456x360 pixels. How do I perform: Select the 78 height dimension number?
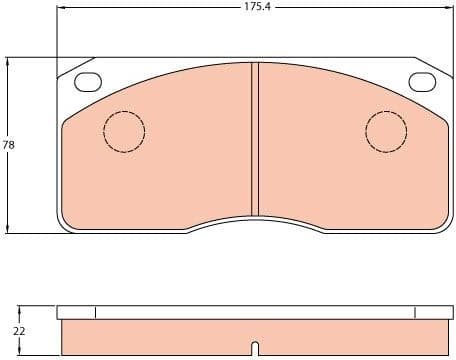(9, 145)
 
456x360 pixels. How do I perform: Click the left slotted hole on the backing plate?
(88, 83)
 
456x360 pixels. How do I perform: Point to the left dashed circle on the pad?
(124, 129)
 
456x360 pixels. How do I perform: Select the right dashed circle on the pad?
(386, 129)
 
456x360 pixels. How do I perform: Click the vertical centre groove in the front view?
(255, 140)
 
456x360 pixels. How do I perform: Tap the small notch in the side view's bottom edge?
(255, 349)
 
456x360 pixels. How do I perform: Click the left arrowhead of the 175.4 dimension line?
(61, 7)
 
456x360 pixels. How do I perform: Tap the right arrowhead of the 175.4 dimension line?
(449, 7)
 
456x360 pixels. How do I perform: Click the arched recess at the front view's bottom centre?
(255, 226)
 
